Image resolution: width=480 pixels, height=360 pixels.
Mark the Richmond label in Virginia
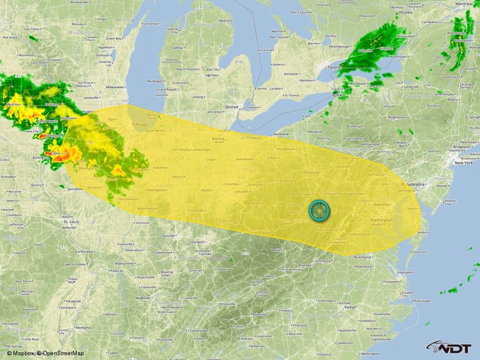(x=362, y=256)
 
